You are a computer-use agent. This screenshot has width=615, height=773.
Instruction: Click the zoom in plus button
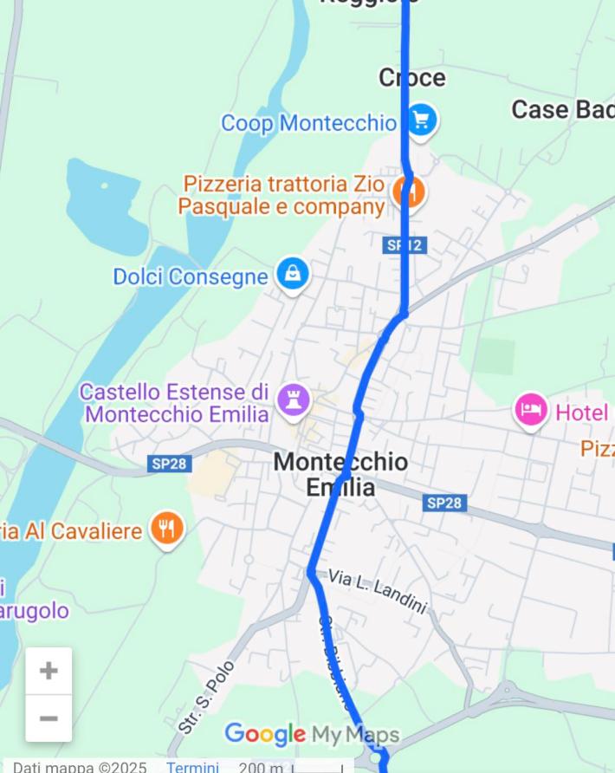point(49,671)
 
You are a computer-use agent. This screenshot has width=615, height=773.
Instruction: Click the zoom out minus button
point(49,718)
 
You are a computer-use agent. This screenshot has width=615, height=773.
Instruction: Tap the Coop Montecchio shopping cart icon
point(421,121)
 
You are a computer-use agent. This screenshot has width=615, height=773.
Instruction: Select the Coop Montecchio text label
point(308,123)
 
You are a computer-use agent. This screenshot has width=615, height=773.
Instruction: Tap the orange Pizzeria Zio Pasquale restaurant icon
point(408,192)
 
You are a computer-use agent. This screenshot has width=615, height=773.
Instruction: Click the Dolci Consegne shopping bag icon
point(294,275)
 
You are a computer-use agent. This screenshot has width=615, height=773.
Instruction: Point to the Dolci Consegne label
point(191,276)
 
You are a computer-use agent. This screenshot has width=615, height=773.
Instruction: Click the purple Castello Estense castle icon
point(294,400)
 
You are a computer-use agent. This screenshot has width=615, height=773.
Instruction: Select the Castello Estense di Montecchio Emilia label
point(174,403)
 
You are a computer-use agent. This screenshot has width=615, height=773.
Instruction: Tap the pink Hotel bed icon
point(531,410)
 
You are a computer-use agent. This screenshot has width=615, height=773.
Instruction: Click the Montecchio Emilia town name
point(340,474)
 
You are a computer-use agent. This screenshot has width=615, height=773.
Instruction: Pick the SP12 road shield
point(405,245)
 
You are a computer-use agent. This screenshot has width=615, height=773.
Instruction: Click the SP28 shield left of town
point(169,464)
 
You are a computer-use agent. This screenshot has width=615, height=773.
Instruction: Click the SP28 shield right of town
point(445,503)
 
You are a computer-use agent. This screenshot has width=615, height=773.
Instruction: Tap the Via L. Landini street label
point(378,593)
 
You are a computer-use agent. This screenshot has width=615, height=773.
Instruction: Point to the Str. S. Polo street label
point(207,698)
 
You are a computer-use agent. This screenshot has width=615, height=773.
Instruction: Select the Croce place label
point(412,78)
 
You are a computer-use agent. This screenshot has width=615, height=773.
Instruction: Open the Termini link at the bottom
point(192,767)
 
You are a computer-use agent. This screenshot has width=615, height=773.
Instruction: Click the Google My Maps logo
point(312,735)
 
